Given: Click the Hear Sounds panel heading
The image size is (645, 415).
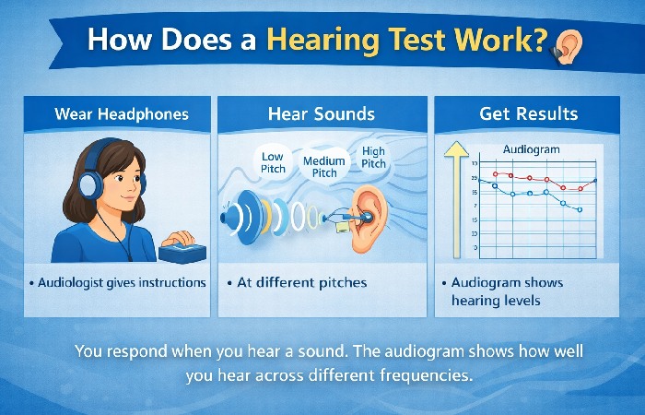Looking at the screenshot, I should pos(322,114).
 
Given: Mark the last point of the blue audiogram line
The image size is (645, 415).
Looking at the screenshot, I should pos(580,209).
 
